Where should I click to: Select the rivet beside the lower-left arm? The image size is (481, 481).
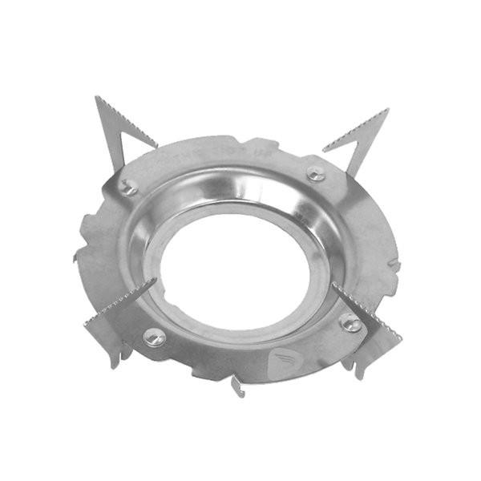(x=155, y=337)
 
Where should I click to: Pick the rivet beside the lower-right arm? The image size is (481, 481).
(x=350, y=322)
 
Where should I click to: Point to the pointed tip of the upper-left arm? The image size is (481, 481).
(x=97, y=98)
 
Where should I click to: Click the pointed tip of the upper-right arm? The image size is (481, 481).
(x=387, y=110)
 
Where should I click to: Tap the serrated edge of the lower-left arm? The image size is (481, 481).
(x=120, y=298)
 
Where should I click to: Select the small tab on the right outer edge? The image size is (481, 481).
(x=394, y=265)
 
